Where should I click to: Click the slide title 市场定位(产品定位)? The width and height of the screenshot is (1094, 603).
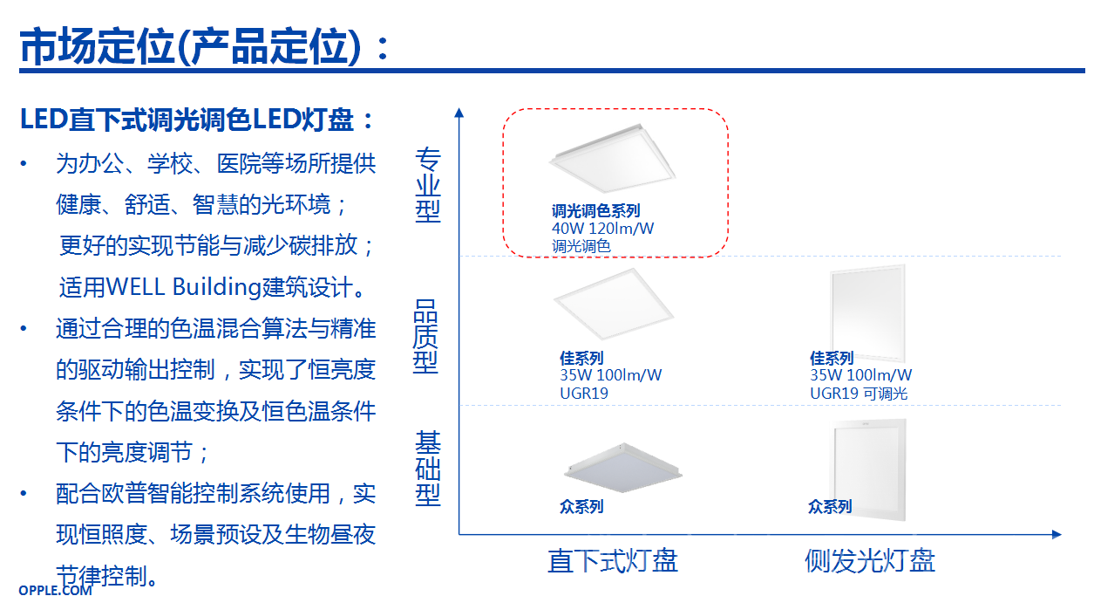tap(191, 47)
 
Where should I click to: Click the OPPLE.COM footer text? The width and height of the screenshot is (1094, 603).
tap(55, 590)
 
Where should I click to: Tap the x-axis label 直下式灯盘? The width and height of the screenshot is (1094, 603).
tap(613, 560)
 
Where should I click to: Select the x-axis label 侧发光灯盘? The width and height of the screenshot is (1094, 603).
tap(870, 560)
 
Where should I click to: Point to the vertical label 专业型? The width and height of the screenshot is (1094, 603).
tap(428, 185)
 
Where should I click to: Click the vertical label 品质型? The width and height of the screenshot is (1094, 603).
tap(425, 337)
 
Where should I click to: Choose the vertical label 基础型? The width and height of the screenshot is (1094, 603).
tap(428, 469)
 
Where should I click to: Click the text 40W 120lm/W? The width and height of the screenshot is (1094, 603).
tap(602, 229)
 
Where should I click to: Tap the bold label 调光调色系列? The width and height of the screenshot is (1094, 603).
tap(596, 211)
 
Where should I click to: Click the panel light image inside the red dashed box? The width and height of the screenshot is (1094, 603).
tap(613, 158)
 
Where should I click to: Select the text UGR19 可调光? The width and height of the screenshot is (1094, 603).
tap(859, 394)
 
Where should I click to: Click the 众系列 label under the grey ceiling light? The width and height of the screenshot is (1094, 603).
tap(581, 506)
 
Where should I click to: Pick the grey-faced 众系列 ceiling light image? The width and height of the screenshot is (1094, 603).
tap(623, 468)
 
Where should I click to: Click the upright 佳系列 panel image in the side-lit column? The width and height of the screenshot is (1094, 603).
tap(868, 313)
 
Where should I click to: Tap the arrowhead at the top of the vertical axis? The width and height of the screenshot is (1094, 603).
tap(459, 113)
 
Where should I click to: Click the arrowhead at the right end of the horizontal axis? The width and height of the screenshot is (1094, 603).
tap(1057, 535)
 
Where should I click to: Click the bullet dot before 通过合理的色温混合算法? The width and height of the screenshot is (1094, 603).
tap(23, 328)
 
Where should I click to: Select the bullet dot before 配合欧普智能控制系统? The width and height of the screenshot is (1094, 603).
tap(23, 493)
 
